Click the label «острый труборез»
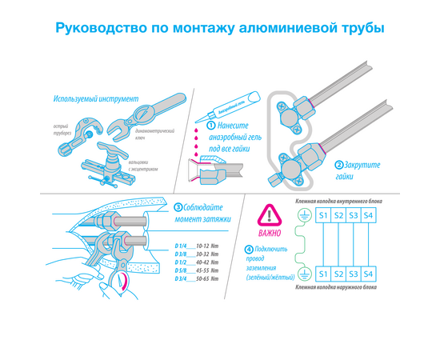64,131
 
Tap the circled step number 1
210,126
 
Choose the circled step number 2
338,166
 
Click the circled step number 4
250,249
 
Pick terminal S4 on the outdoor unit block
368,274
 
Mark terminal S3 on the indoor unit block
354,216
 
